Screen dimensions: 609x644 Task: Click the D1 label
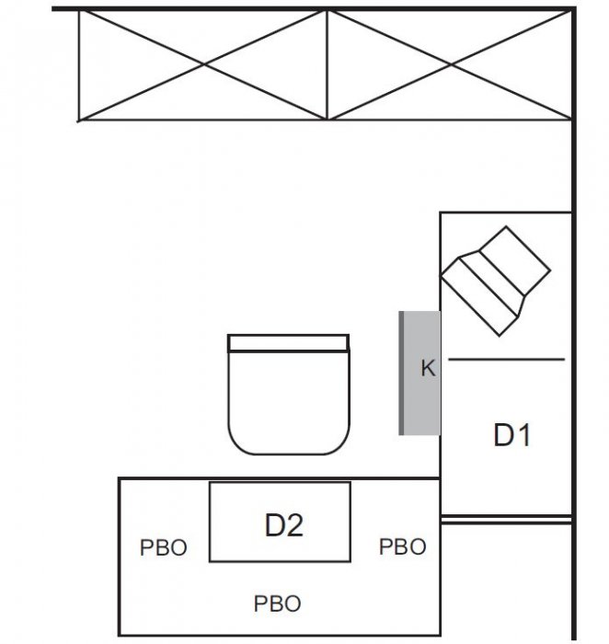[x=511, y=434]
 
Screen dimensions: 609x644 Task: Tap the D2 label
[x=284, y=525]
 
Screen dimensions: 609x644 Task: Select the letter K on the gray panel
[x=428, y=368]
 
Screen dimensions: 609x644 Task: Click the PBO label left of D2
[x=164, y=547]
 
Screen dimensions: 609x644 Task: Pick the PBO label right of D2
[x=402, y=546]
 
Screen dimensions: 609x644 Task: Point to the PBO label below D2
[x=278, y=604]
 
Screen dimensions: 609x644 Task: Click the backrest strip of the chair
[x=288, y=343]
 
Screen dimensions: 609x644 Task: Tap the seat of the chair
[x=289, y=403]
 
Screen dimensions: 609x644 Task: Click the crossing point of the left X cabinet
[x=204, y=64]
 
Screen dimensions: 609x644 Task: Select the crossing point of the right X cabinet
[x=451, y=64]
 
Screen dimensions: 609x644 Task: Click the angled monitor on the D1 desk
[x=496, y=282]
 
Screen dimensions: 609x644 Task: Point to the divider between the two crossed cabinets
[x=327, y=64]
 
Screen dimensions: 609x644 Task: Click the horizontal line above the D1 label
[x=506, y=360]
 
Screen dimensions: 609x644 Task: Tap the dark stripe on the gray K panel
[x=401, y=373]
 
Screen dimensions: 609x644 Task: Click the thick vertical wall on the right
[x=574, y=324]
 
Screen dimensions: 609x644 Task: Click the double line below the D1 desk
[x=506, y=520]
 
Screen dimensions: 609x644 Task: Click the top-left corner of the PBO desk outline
[x=119, y=478]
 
